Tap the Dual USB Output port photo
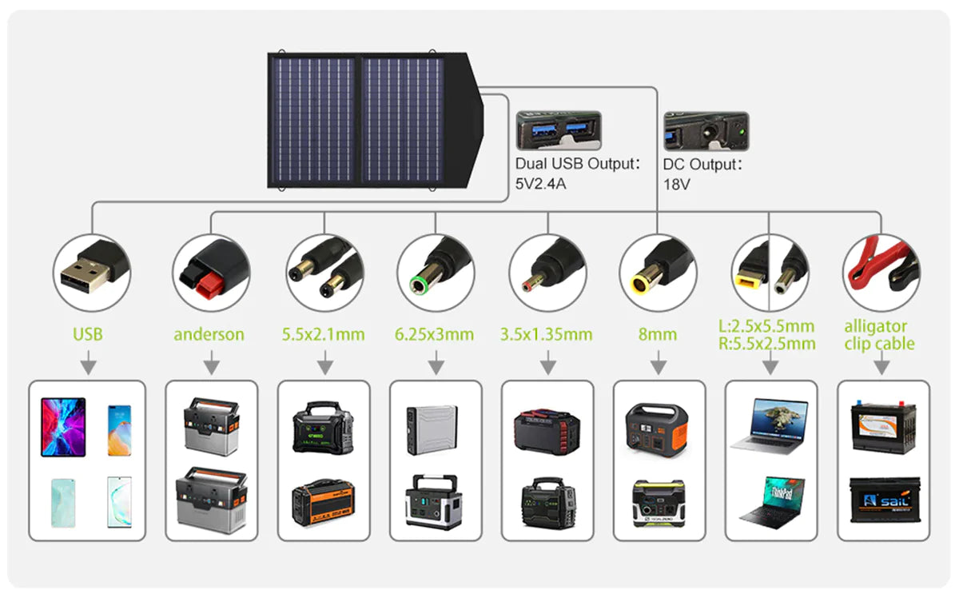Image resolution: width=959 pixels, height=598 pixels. click(x=559, y=130)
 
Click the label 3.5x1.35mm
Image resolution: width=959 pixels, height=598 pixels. click(x=547, y=334)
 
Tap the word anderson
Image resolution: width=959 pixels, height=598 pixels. click(x=209, y=334)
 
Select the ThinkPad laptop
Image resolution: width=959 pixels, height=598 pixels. click(x=771, y=500)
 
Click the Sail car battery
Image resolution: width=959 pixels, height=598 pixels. click(x=884, y=500)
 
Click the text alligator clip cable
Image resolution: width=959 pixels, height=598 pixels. click(x=879, y=335)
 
